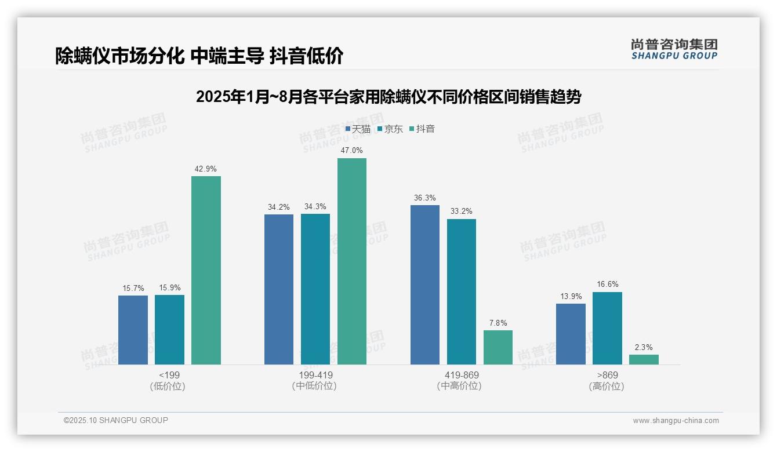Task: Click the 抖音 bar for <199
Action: (x=206, y=270)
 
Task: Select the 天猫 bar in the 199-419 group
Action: (x=279, y=289)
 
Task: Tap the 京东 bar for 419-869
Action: (x=462, y=291)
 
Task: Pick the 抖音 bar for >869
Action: (x=644, y=359)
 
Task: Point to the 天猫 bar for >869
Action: (x=571, y=334)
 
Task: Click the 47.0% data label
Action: (x=352, y=150)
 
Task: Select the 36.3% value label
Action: (x=425, y=198)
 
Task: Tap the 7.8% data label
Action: (x=498, y=323)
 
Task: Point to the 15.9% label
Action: (x=169, y=287)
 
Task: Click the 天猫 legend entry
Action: (x=358, y=129)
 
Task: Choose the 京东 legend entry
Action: (x=390, y=129)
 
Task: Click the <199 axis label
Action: (x=169, y=375)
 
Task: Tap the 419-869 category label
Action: (x=462, y=375)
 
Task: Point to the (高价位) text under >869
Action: (x=607, y=386)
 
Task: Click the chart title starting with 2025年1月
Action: (x=388, y=97)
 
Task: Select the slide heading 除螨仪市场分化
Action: (x=199, y=56)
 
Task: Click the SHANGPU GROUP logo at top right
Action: (x=674, y=49)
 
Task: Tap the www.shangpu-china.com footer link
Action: (x=676, y=421)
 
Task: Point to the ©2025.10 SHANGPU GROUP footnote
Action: (x=116, y=420)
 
